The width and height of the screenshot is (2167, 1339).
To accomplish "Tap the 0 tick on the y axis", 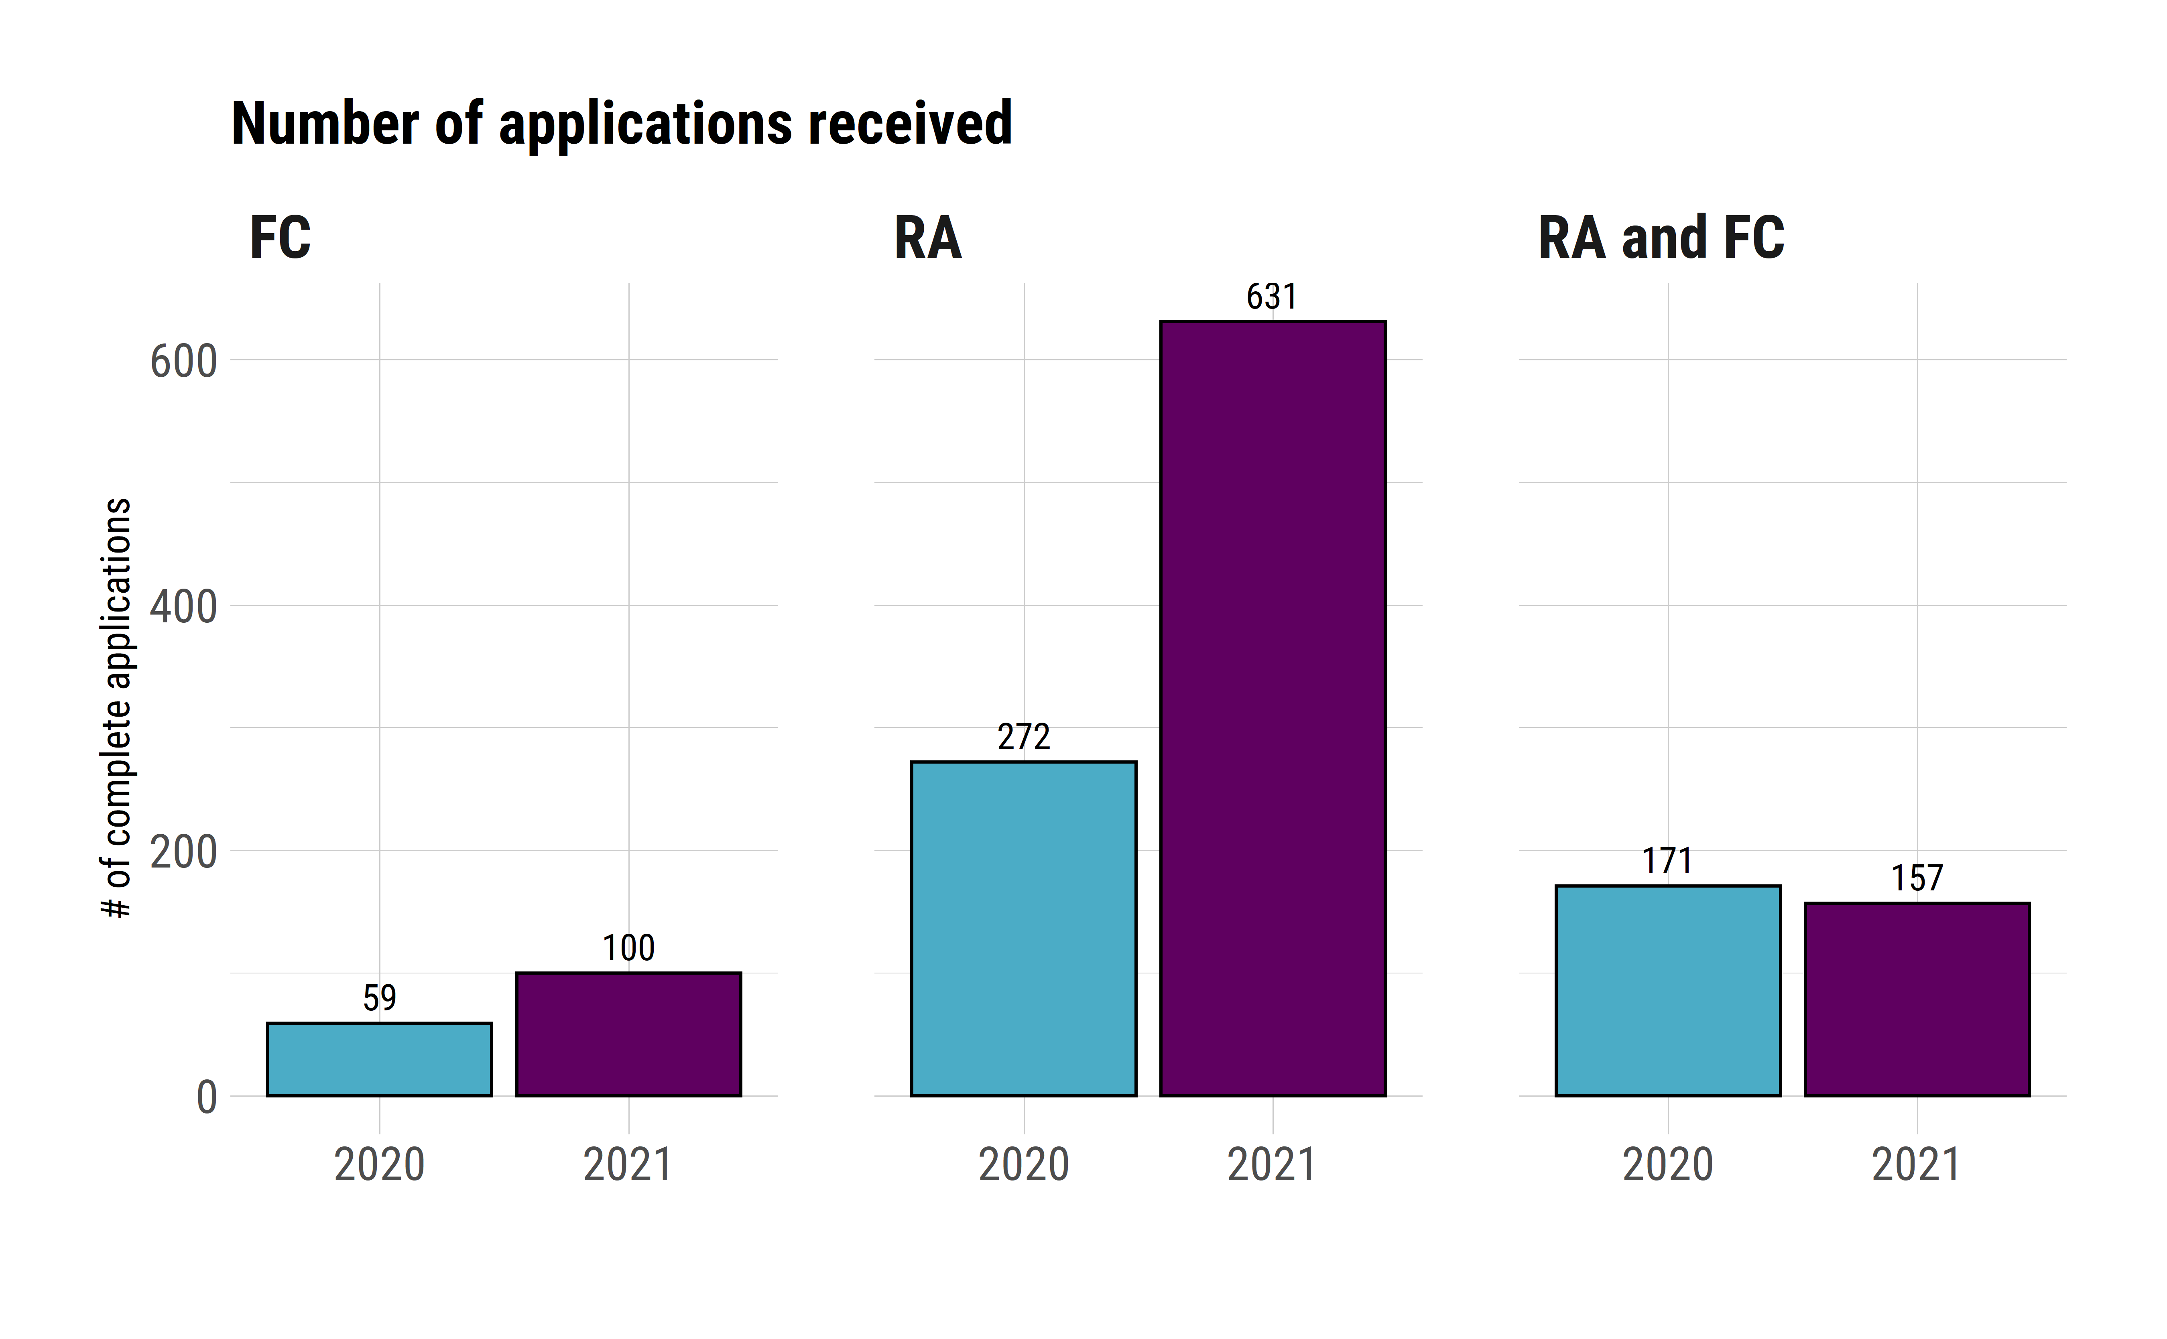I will click(206, 1098).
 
